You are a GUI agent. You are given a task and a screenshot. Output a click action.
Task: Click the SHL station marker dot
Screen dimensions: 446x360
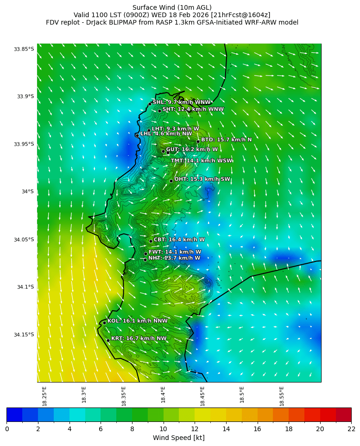coord(150,104)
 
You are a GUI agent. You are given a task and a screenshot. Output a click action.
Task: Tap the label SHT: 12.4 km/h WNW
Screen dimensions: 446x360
coord(193,109)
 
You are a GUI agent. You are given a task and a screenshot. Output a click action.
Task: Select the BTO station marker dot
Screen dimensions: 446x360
coord(198,141)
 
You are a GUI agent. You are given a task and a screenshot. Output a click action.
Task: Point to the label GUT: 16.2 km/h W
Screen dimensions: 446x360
coord(192,150)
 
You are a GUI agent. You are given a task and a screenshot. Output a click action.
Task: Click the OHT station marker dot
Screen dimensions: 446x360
coord(171,181)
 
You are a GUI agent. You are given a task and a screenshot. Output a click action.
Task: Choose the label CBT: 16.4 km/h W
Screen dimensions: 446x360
coord(179,240)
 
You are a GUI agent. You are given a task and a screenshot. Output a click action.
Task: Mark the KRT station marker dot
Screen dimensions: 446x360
coord(108,340)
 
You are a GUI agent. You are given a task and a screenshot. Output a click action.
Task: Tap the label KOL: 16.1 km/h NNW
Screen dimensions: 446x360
coord(138,321)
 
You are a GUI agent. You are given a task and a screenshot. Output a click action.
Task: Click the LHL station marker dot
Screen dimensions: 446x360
coord(137,135)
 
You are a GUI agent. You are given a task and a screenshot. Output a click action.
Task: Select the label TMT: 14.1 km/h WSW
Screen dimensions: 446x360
coord(202,161)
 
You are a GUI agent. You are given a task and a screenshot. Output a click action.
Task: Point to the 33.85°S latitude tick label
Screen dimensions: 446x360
coord(24,49)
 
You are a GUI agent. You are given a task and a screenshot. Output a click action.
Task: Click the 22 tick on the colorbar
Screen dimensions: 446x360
coord(351,429)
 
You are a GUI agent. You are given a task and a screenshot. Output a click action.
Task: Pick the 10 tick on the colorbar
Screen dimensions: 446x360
coord(163,429)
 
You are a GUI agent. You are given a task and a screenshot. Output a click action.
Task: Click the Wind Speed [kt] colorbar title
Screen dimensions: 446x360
coord(179,438)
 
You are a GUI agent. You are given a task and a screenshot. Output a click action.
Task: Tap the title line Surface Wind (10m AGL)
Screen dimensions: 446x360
coord(172,7)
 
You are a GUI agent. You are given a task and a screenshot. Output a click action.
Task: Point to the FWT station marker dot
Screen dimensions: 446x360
coord(145,254)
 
